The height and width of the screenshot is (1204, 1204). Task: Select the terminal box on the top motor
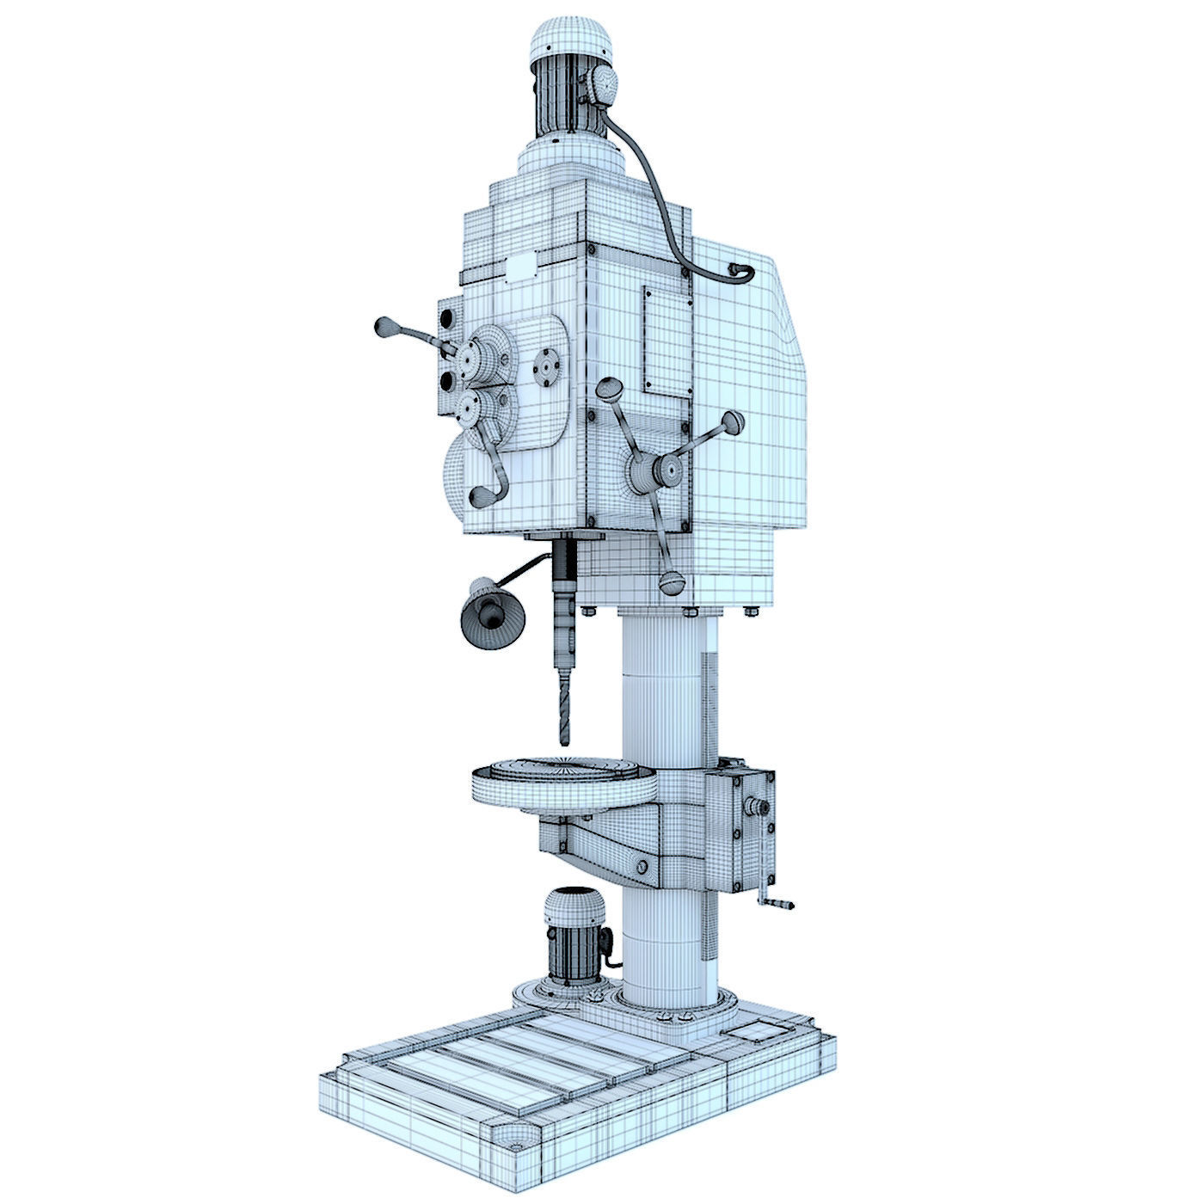point(599,86)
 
